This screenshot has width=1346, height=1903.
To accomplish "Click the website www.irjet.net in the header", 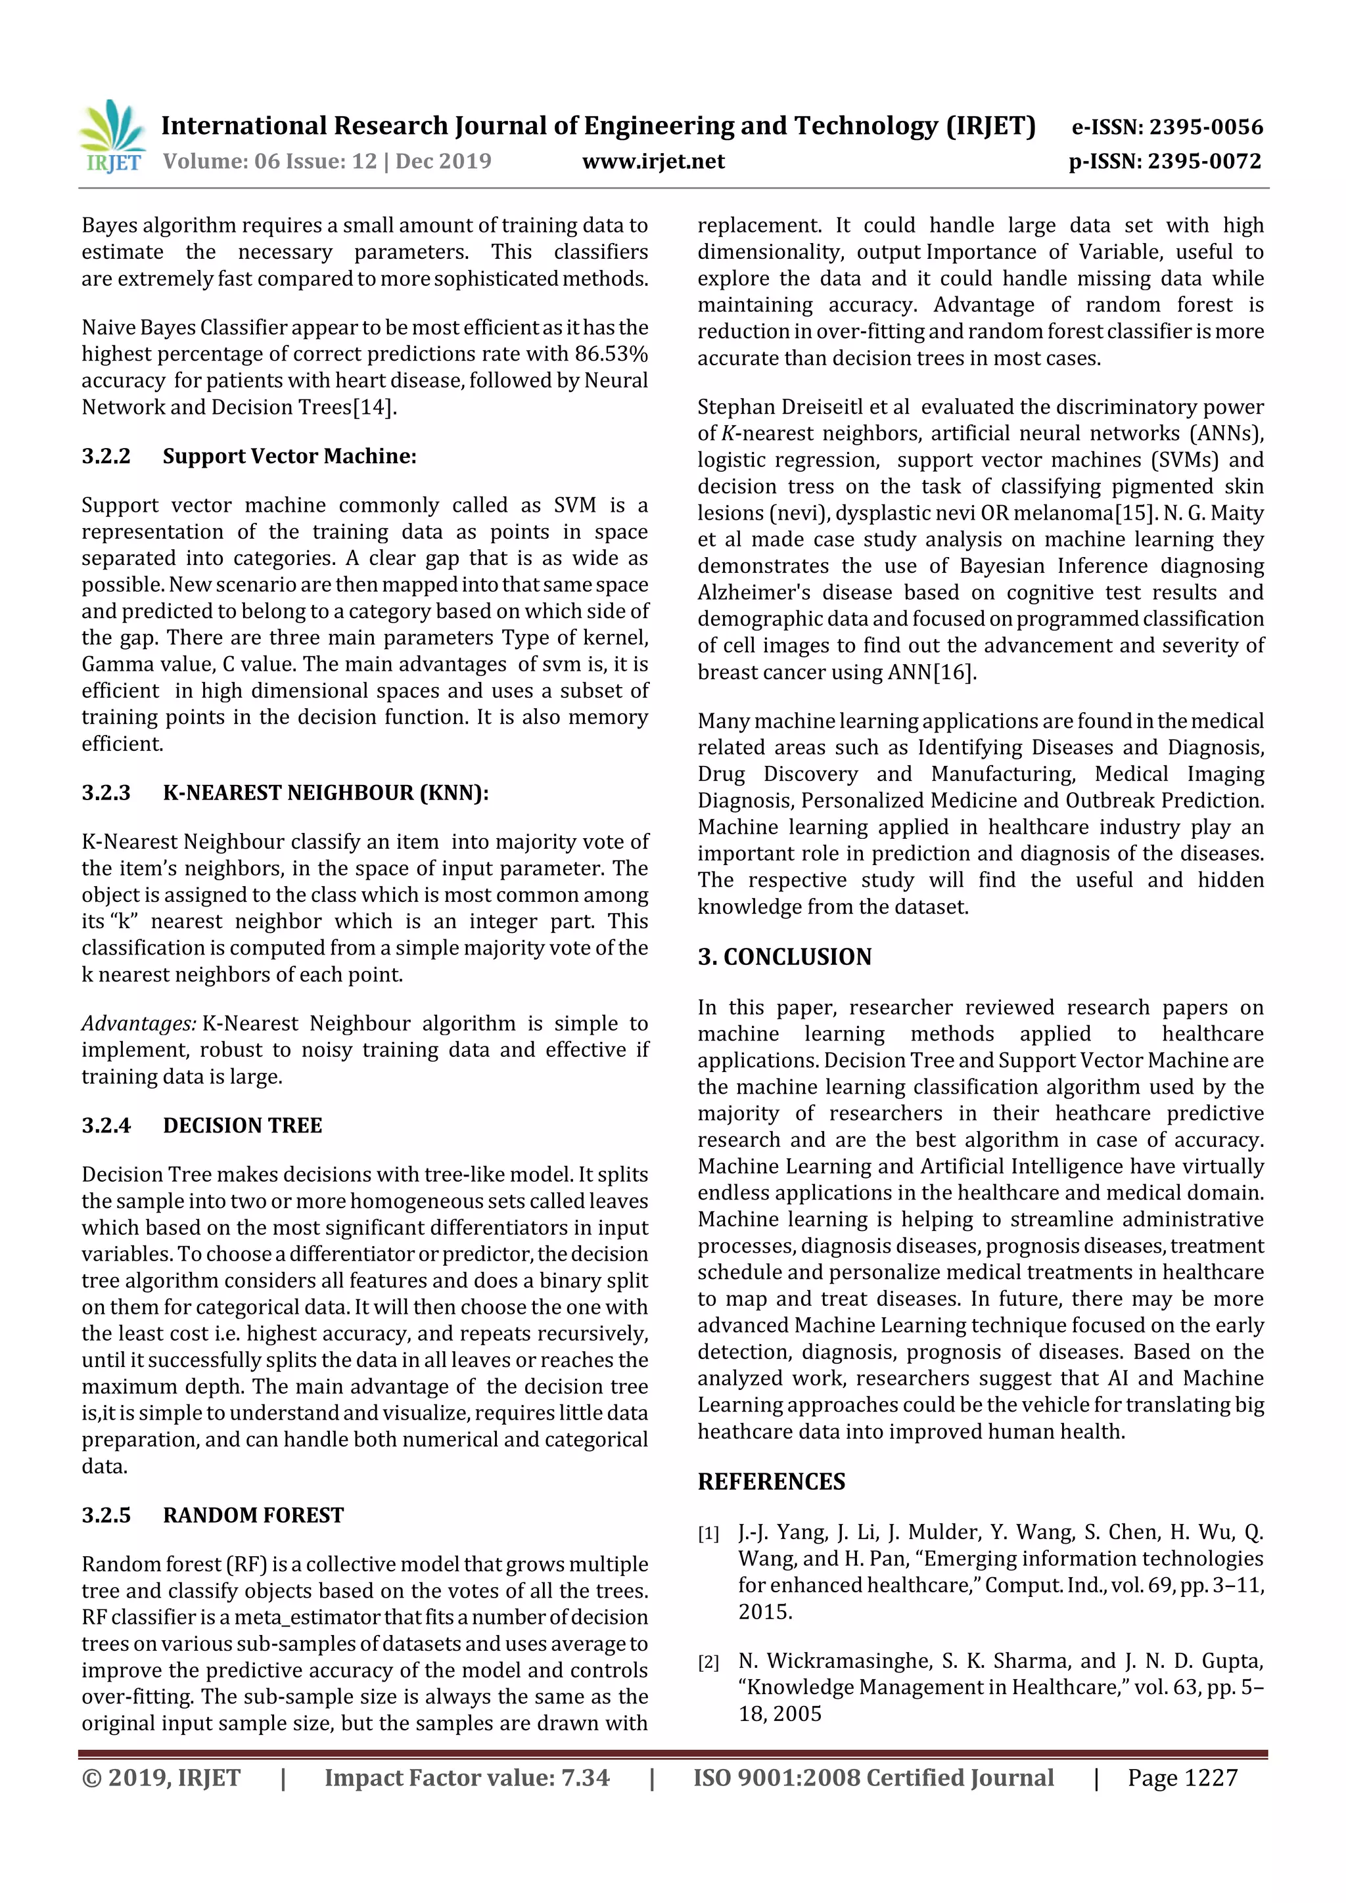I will pos(653,162).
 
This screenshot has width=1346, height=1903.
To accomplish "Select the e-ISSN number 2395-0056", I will pos(1205,127).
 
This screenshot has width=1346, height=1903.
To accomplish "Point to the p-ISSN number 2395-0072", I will pos(1204,162).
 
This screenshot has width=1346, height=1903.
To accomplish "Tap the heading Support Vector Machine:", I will pos(289,456).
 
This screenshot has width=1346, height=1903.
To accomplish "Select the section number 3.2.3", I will pos(106,794).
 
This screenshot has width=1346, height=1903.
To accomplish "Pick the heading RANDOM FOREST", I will pos(253,1515).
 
